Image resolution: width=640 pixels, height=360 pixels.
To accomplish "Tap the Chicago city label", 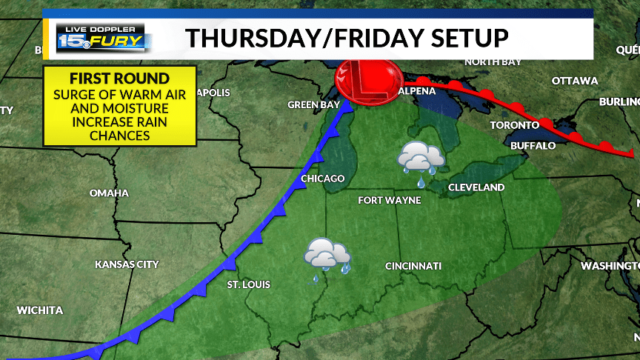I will tap(323, 179).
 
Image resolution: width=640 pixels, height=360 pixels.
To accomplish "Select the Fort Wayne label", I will tap(389, 201).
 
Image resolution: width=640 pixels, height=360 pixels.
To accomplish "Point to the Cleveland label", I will tap(476, 188).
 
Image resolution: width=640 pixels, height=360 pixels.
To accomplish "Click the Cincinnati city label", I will tap(413, 266).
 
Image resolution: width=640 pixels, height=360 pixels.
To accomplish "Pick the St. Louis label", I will tap(248, 284).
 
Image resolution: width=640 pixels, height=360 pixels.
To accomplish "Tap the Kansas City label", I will tap(127, 264).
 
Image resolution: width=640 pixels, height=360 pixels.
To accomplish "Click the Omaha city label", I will tap(109, 193).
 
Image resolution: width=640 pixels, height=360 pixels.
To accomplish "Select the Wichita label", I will tap(40, 310).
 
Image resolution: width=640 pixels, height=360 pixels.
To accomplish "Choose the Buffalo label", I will tap(533, 146).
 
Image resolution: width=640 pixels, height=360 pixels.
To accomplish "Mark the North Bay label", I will tap(490, 62).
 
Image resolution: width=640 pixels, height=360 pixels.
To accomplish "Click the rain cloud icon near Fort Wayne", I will tap(420, 159).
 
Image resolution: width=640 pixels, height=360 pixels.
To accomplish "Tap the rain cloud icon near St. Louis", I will tap(327, 256).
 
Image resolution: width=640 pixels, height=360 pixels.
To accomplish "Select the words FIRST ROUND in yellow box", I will tap(119, 79).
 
